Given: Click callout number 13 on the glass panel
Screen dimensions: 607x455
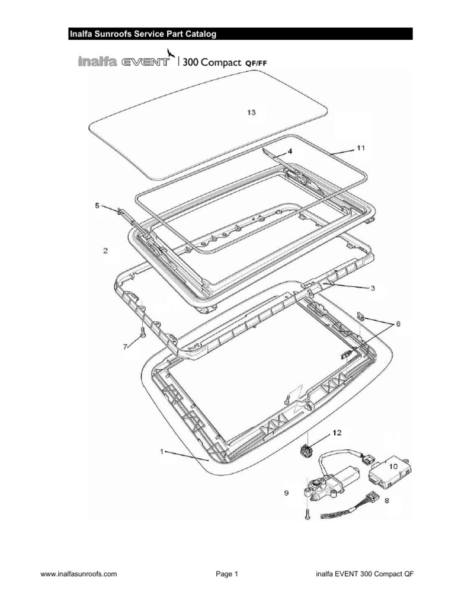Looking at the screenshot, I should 251,113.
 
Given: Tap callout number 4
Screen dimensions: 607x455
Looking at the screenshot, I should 291,151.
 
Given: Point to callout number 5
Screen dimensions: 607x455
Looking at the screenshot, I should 98,206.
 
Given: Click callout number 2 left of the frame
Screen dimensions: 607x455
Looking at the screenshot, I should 105,251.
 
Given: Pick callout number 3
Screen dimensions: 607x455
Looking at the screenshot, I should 372,288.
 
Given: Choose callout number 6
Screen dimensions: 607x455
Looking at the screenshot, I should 398,324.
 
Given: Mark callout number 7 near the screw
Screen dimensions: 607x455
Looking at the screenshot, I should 125,347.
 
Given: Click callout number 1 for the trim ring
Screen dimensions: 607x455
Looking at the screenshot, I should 161,452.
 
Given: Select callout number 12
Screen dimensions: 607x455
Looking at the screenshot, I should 336,433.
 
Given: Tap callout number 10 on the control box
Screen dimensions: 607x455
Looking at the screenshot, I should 393,467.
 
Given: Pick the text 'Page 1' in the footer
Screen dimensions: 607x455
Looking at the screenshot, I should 227,574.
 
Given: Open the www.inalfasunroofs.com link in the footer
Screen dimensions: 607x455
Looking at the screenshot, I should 78,574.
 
